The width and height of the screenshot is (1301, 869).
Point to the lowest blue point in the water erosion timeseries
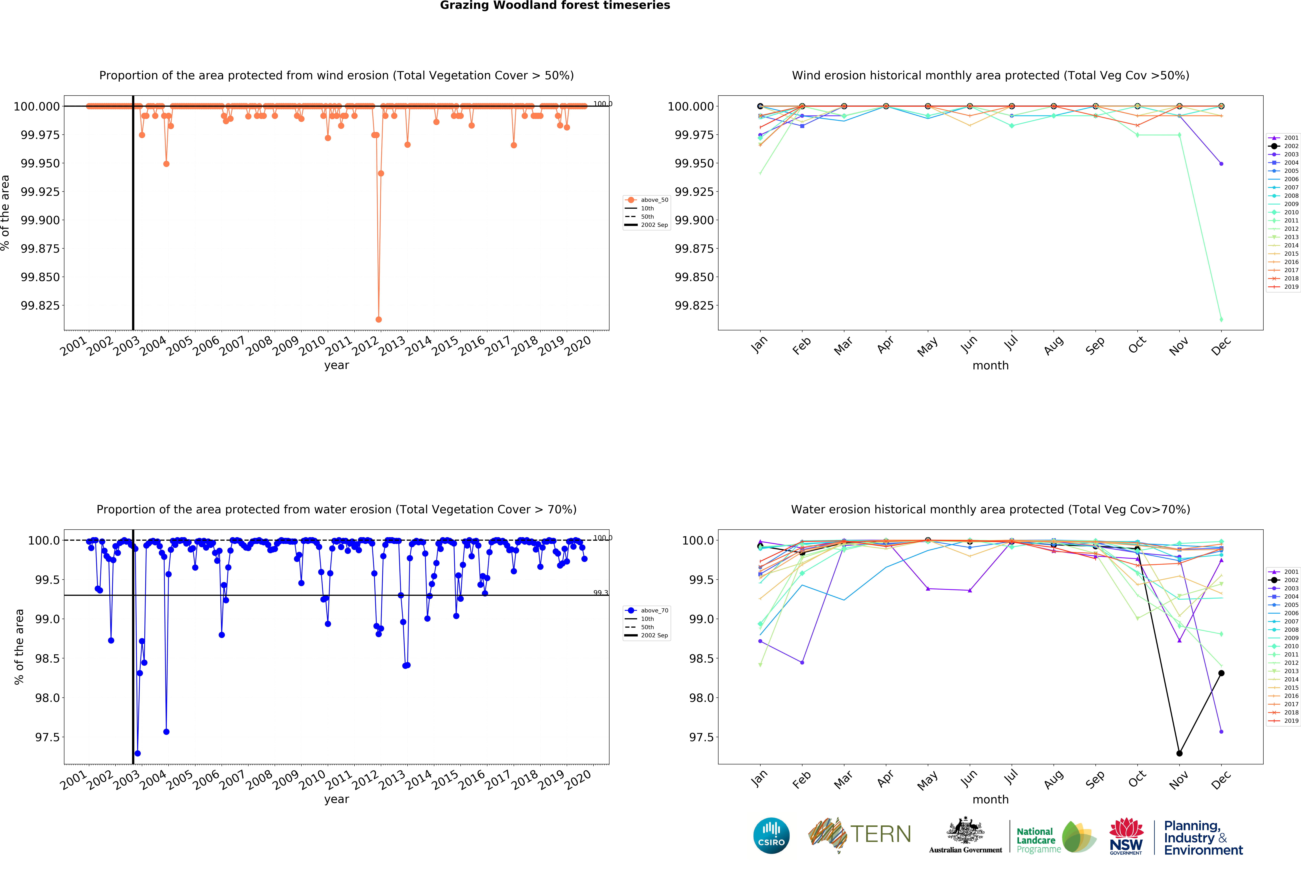click(137, 753)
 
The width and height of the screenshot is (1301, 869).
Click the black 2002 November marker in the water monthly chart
click(1179, 753)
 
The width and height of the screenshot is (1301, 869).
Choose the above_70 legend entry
click(647, 610)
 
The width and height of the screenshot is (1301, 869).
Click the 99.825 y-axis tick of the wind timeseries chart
click(40, 305)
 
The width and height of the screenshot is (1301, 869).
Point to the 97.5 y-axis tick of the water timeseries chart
click(47, 737)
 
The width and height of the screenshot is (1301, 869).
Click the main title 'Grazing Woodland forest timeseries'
click(555, 6)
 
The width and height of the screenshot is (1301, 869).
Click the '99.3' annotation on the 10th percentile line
click(600, 592)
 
